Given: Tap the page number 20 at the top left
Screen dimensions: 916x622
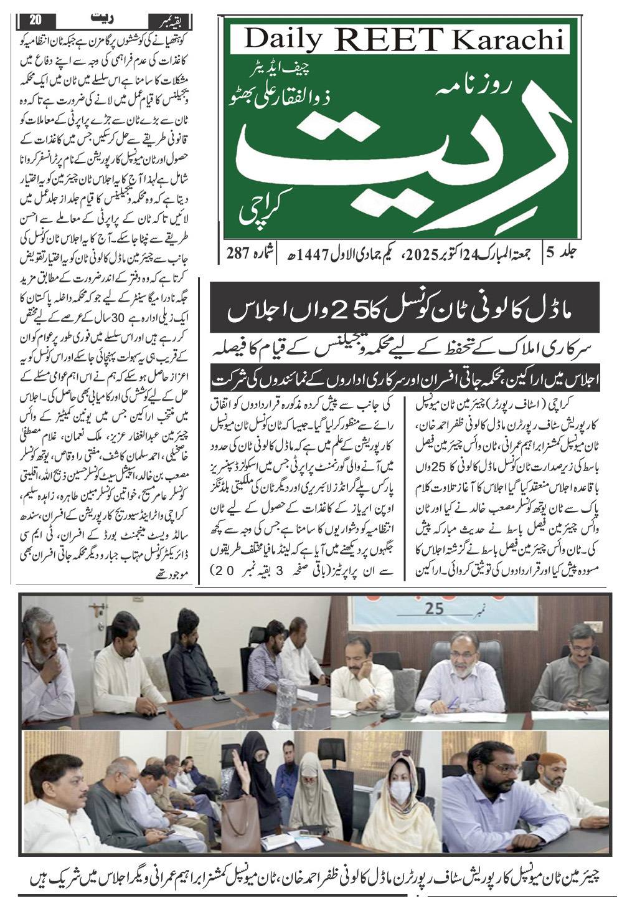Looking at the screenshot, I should pos(35,19).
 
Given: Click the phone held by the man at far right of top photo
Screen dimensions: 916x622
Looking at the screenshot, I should pos(582,703).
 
